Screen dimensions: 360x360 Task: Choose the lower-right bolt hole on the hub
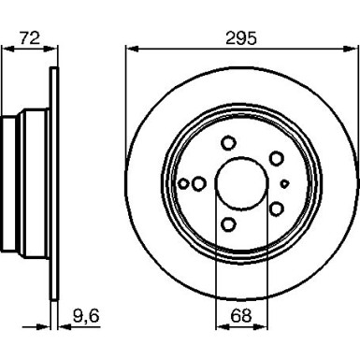[277, 208]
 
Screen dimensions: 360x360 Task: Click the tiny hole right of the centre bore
[285, 182]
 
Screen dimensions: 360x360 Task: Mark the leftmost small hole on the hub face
[185, 183]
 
